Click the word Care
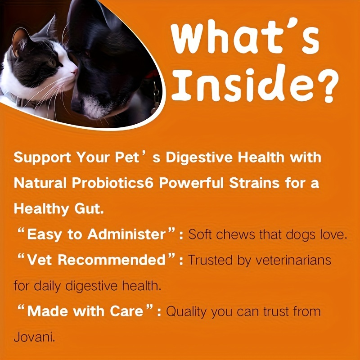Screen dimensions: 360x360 point(132,311)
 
